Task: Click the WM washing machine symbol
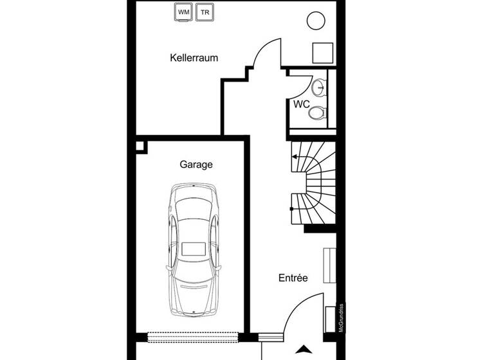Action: point(184,12)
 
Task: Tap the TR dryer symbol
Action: point(205,12)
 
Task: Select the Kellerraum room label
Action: point(194,58)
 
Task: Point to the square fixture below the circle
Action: point(322,52)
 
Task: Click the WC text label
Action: point(302,104)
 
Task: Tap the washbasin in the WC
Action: point(318,87)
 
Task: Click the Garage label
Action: point(196,165)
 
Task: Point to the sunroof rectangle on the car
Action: point(193,248)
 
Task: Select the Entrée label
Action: point(293,278)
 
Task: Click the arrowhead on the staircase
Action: point(295,156)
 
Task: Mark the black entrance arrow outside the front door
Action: point(302,350)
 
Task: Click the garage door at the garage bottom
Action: point(194,335)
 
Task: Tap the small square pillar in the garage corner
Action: point(141,147)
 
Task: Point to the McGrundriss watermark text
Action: point(341,318)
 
